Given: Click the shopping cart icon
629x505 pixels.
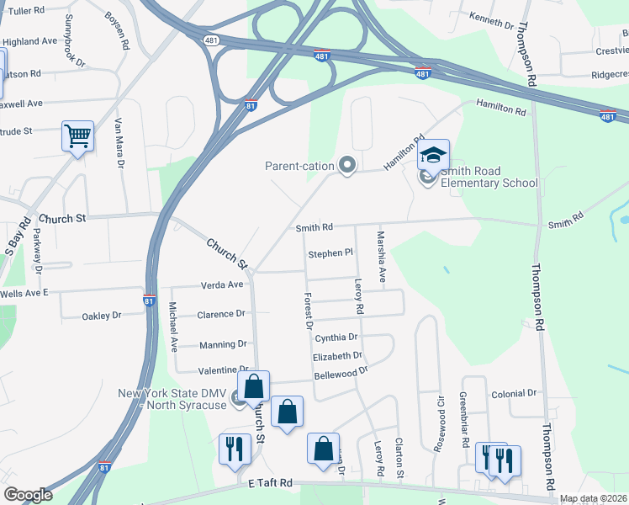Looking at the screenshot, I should pos(77,136).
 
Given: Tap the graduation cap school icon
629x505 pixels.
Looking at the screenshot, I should pos(433,155).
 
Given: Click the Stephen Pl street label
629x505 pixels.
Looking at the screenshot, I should pos(330,252).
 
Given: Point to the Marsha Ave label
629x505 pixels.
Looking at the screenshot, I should pos(381,257).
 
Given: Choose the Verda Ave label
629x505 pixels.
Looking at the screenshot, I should pos(221,284).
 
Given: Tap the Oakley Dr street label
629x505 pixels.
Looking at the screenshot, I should pos(101,316).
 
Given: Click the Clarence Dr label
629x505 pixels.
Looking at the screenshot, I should pos(220,314).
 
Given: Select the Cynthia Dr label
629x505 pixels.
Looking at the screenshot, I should pos(336,338).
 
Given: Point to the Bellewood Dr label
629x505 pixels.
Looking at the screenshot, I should pos(341,370).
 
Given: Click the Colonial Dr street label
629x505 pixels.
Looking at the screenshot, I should pos(514,393).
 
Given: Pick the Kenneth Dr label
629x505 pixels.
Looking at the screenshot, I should pos(491,20).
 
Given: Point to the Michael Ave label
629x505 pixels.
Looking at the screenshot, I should pos(173,326).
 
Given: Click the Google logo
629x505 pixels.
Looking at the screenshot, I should pos(28,495).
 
